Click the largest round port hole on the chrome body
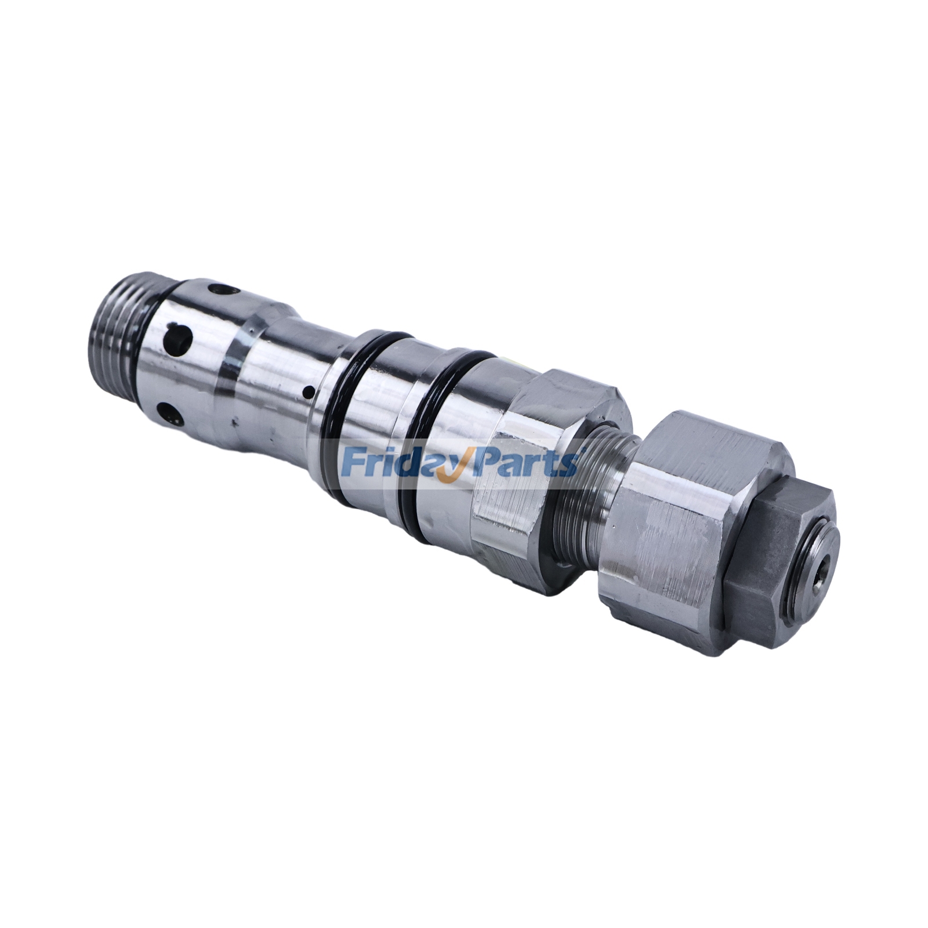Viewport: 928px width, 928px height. (x=178, y=336)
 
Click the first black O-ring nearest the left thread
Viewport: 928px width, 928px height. (x=342, y=418)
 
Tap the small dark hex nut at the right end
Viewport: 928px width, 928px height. (x=771, y=568)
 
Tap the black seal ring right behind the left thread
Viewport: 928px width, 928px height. (x=152, y=348)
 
